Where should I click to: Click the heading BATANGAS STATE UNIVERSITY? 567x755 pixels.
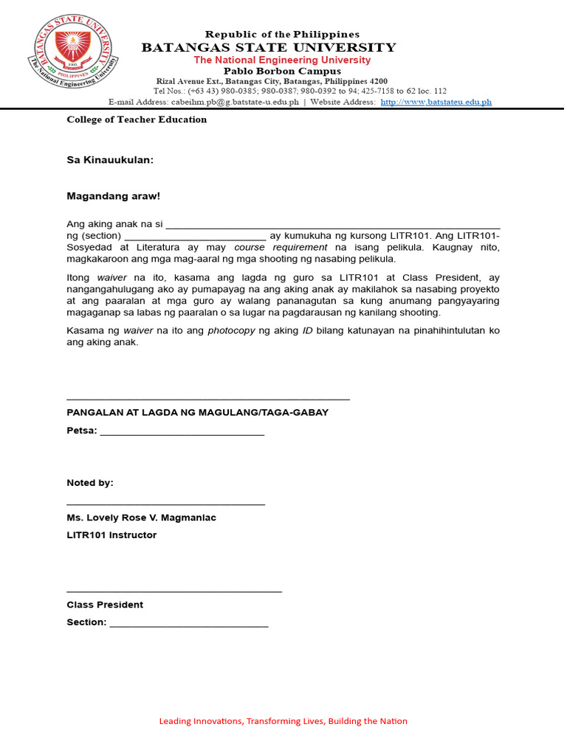point(269,48)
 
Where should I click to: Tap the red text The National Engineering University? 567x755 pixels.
point(282,60)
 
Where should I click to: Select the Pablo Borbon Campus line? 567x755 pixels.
point(282,71)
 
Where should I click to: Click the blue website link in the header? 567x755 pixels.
point(436,102)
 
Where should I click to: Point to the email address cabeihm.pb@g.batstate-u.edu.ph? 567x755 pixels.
point(235,102)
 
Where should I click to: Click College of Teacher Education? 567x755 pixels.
point(137,119)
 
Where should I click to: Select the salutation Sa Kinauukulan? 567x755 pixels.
point(110,159)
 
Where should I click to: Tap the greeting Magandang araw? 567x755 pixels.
point(113,196)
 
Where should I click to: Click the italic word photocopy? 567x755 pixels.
point(232,330)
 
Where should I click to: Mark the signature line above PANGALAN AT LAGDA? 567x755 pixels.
point(207,399)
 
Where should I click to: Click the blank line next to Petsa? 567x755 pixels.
point(182,432)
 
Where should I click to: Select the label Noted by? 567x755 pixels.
point(90,483)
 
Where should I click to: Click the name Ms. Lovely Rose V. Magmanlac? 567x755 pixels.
point(141,518)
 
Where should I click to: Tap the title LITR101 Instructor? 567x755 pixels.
point(111,535)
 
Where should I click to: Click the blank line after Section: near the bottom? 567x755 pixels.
point(188,624)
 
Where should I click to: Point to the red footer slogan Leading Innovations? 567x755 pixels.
point(283,721)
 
